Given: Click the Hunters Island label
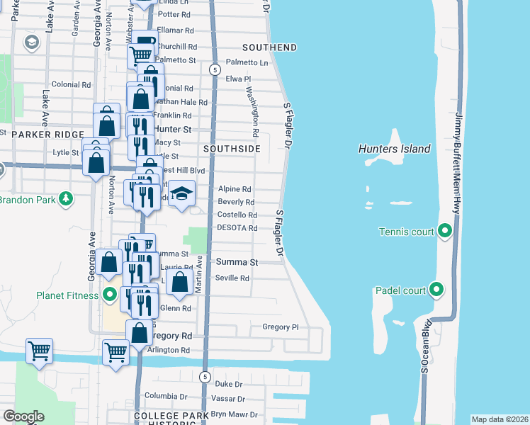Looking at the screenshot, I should coord(394,149).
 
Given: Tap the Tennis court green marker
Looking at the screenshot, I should coord(445,231).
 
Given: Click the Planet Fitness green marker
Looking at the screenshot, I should coord(110,295).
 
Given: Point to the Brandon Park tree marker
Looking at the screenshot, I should coord(66,199).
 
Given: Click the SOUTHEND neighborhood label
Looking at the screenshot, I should coord(269,47).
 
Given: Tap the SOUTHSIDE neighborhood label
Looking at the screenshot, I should coord(232,149).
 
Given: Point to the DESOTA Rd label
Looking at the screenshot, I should coord(237,228).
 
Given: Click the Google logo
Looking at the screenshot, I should coord(23,416).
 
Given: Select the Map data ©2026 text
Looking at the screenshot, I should coord(500,419).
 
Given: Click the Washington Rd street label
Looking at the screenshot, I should coord(252,111).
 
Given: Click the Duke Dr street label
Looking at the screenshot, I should coord(229,384).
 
